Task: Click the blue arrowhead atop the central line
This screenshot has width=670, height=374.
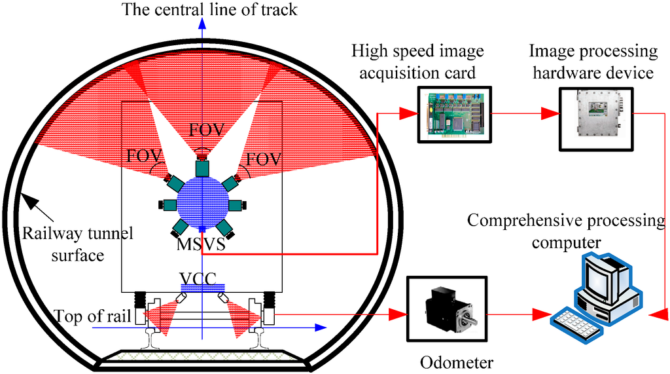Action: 203,22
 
